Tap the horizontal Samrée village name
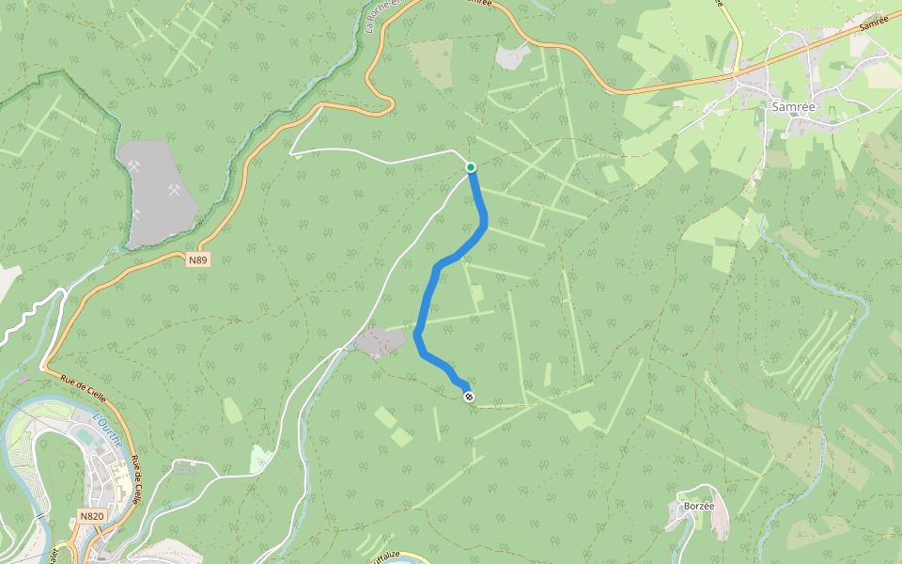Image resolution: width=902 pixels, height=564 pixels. pos(792,106)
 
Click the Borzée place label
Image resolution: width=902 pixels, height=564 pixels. pos(700,506)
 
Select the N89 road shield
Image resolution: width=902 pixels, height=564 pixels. pos(197,259)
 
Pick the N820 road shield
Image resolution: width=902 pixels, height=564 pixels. pos(91,516)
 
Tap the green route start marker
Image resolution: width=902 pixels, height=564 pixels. pos(471,167)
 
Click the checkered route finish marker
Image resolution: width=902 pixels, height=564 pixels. pos(469,397)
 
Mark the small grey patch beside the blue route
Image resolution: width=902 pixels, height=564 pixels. pos(381,341)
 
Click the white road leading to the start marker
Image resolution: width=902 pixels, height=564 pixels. pos(376,159)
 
